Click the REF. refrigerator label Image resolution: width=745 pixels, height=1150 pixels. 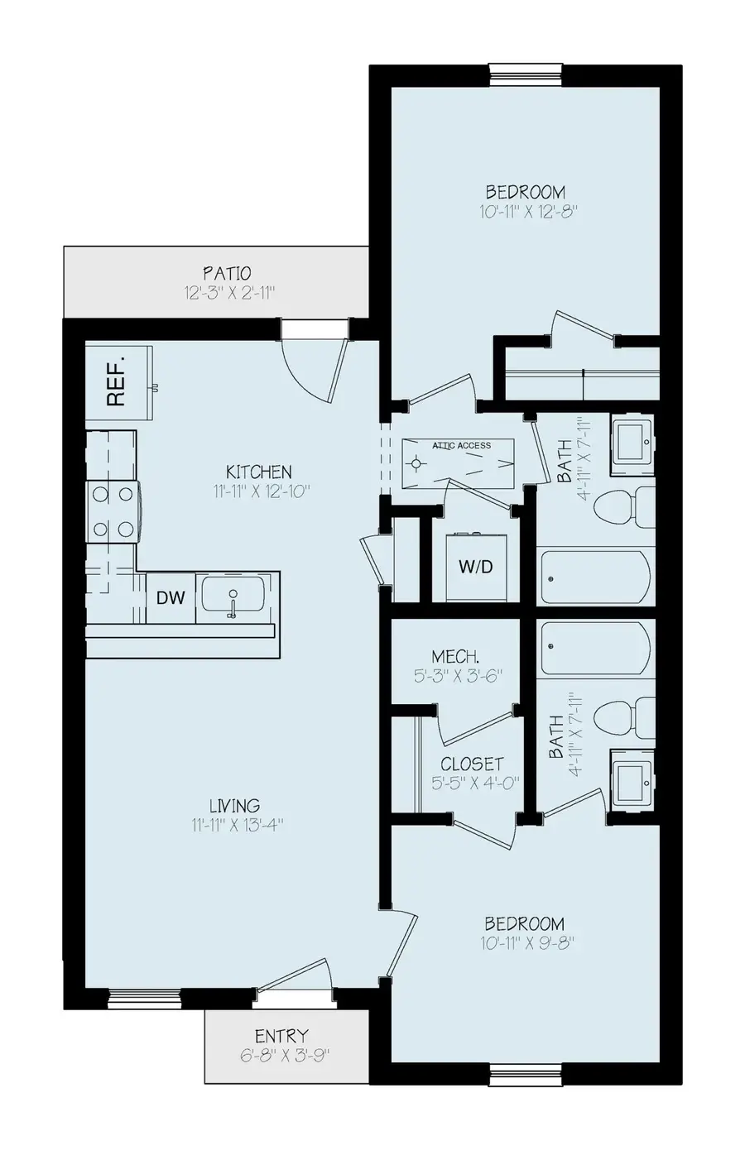click(117, 381)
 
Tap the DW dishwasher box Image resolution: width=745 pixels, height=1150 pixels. click(171, 597)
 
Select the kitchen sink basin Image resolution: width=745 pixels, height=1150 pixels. click(233, 597)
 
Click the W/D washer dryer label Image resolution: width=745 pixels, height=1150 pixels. click(475, 567)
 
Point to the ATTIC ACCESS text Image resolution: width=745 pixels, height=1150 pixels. click(462, 446)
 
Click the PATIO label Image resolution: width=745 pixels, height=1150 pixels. click(227, 273)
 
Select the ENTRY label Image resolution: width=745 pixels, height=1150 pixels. click(281, 1036)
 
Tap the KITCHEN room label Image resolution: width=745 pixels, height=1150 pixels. click(258, 472)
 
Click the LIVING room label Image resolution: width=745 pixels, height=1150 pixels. click(234, 805)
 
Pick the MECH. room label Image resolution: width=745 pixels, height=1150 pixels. click(454, 657)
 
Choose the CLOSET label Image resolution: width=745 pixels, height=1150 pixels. click(472, 764)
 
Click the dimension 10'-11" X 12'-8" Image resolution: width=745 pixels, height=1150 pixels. click(527, 212)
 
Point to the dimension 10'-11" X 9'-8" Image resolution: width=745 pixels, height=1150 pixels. click(527, 943)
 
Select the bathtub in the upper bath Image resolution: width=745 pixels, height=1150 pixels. click(595, 577)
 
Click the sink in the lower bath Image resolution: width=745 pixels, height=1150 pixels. click(632, 776)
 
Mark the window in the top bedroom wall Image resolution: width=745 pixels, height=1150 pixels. click(526, 74)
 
